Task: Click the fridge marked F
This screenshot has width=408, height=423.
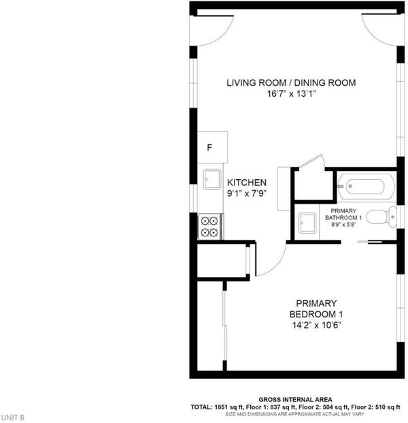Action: click(x=212, y=147)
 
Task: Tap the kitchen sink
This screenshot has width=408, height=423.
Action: click(x=212, y=179)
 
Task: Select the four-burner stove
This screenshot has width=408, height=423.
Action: click(x=211, y=226)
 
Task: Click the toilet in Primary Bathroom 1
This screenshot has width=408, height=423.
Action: click(x=381, y=217)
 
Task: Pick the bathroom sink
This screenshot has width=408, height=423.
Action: click(x=307, y=223)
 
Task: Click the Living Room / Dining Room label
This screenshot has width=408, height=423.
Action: click(x=291, y=82)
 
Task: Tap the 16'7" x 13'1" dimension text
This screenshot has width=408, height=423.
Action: click(x=291, y=94)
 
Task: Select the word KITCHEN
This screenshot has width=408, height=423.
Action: click(x=247, y=183)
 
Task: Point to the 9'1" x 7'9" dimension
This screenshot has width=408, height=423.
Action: click(x=247, y=193)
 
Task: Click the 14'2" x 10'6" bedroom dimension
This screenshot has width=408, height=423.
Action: click(x=316, y=326)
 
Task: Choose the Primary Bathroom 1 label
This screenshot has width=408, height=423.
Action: click(x=343, y=214)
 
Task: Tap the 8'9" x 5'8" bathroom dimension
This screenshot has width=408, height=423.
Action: click(x=343, y=225)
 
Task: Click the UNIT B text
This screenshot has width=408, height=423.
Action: click(x=13, y=418)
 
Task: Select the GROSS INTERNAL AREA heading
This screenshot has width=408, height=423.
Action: click(x=295, y=400)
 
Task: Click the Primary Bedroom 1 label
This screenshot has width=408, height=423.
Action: click(x=316, y=309)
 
